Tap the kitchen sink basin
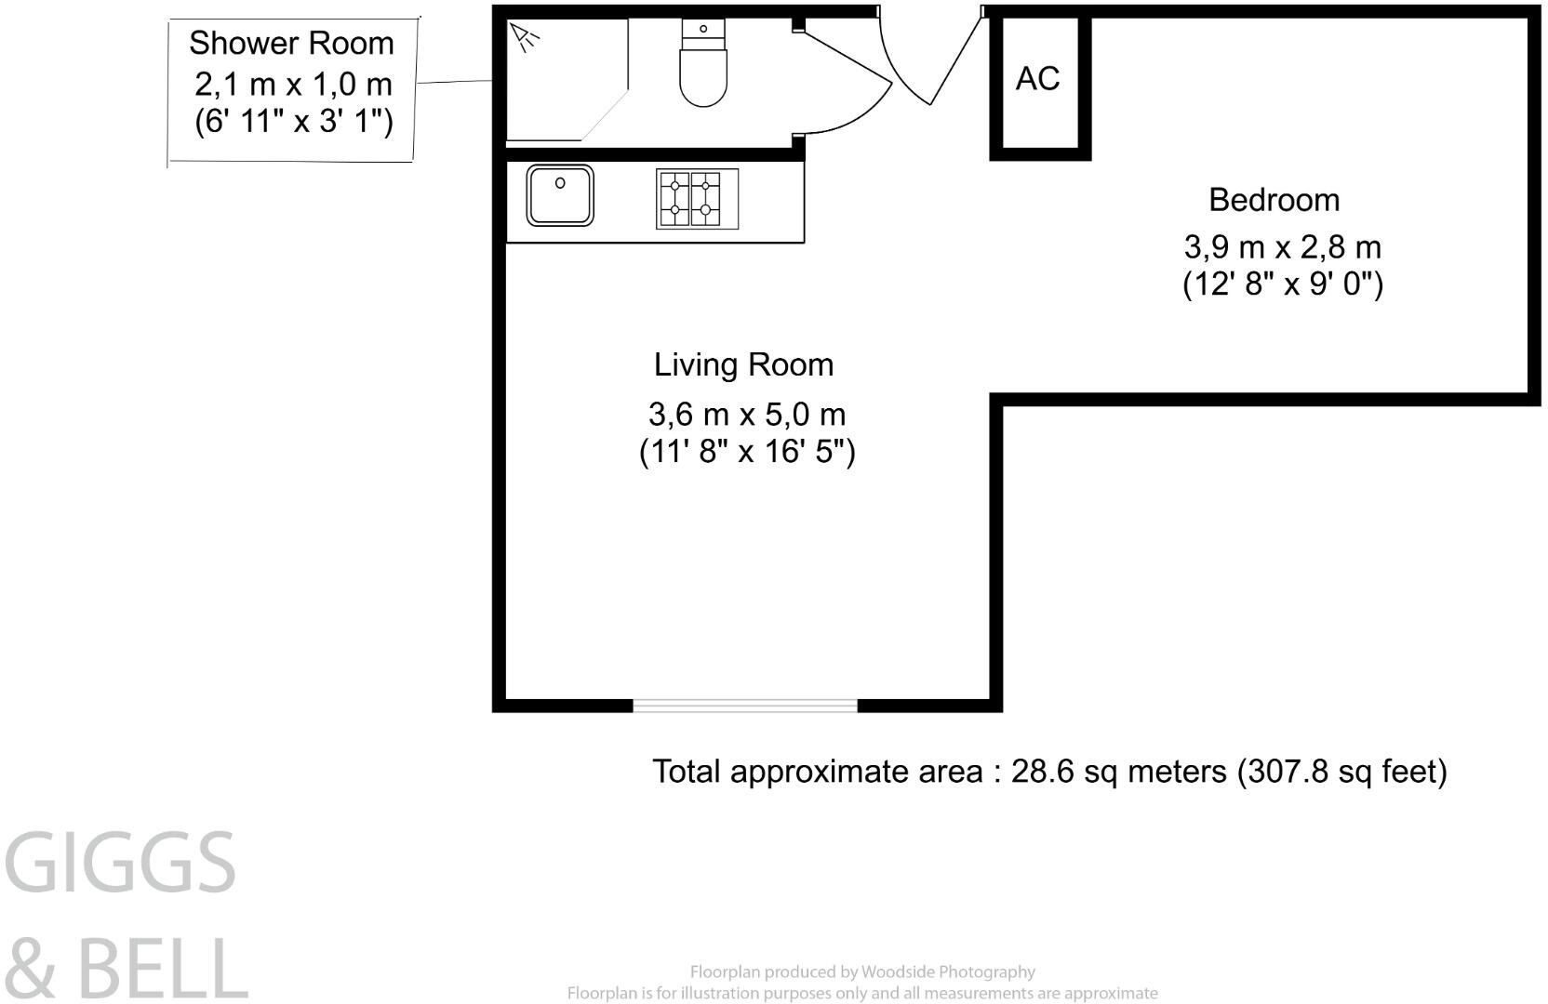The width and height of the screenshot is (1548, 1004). point(560,195)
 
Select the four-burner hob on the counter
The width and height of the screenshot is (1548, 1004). point(689,198)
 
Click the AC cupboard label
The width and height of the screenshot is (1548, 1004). point(1037,79)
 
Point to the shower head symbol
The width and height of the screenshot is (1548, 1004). point(526,38)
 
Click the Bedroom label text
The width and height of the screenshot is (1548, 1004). point(1274,200)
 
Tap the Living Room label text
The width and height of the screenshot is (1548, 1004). point(743,364)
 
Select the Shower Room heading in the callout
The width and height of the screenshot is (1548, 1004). point(291,43)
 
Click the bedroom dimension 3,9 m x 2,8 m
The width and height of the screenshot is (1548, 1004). point(1282,247)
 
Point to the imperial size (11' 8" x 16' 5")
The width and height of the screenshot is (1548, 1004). point(746,452)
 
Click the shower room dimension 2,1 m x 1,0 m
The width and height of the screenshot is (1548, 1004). point(293,85)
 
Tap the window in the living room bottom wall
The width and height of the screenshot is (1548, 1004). point(744,706)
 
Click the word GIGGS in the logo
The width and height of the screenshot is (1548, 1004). point(121,863)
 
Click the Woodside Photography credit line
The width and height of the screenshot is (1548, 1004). point(861,972)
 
